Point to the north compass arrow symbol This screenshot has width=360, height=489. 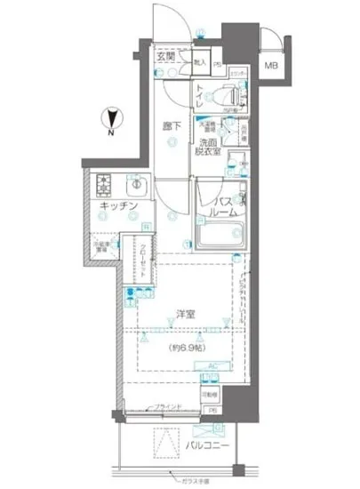click(x=108, y=116)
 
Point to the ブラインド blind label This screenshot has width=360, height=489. click(x=168, y=406)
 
